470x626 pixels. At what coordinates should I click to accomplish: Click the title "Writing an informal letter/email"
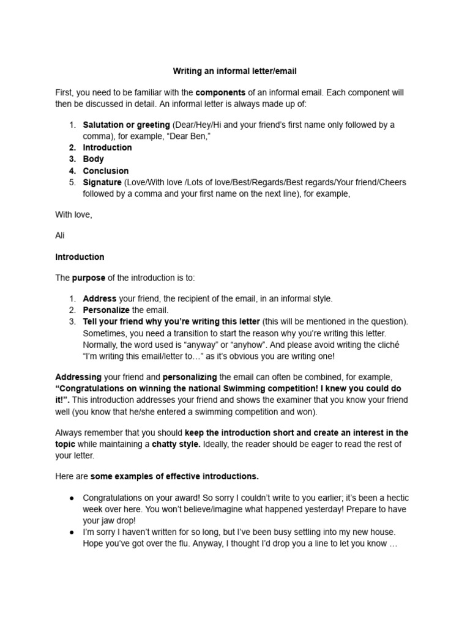point(235,72)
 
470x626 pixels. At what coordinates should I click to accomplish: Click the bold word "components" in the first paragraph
point(221,92)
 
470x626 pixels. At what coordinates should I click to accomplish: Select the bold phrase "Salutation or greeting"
point(126,125)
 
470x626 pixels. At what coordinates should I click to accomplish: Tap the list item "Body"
point(94,159)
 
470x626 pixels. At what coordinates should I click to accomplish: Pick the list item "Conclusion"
point(106,171)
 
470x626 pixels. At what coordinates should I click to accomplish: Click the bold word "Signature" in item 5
point(102,182)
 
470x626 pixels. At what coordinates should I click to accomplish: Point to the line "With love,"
point(74,215)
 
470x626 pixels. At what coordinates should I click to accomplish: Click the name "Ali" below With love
point(60,235)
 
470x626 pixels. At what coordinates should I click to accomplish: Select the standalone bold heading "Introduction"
point(80,257)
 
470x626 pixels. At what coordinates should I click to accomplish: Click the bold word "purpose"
point(89,278)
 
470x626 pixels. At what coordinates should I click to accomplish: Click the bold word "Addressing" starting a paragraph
point(78,377)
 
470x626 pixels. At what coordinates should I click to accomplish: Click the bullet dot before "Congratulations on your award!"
point(72,498)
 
